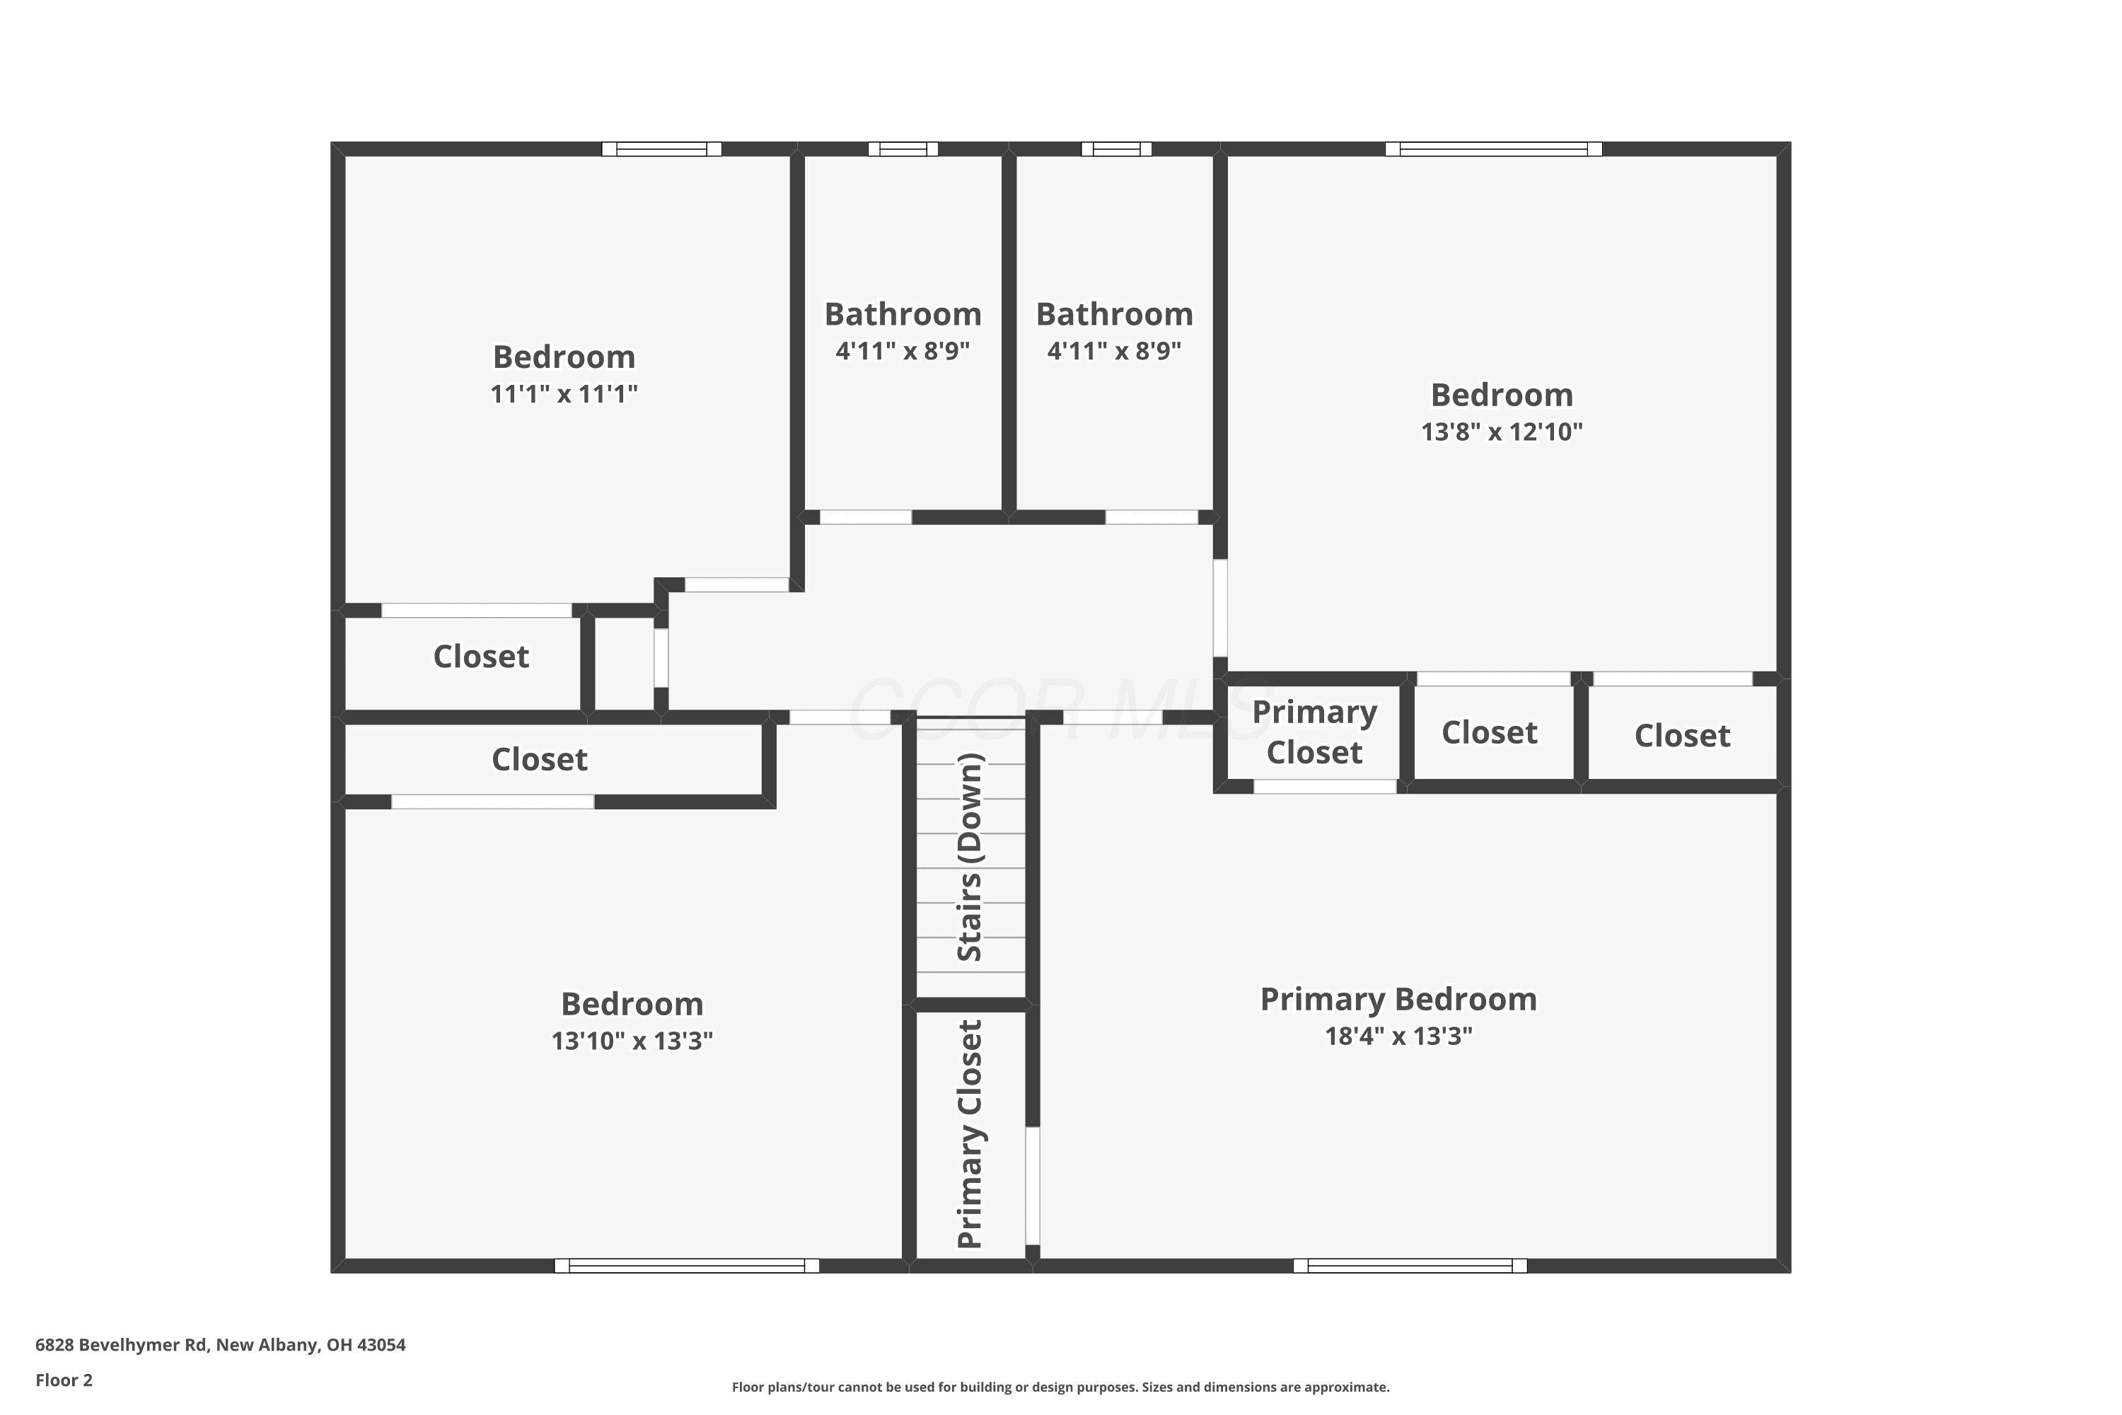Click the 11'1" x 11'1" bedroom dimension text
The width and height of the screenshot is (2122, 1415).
pos(564,394)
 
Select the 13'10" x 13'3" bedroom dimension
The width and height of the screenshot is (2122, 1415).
pos(632,1041)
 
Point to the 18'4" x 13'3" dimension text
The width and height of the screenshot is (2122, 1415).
pos(1398,1036)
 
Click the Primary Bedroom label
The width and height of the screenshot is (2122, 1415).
pos(1398,999)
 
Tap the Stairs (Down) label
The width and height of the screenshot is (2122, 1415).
pos(969,857)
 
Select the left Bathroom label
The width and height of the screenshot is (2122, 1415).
pos(903,314)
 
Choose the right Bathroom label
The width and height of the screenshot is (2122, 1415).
pos(1114,314)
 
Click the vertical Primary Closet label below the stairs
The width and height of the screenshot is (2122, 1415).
pos(969,1134)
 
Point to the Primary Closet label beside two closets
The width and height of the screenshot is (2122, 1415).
pos(1314,732)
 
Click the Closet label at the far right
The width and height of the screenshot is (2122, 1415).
pos(1682,736)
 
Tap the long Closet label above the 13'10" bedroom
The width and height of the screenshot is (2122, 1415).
pos(540,759)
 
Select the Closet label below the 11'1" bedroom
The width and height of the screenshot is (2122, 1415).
pos(481,656)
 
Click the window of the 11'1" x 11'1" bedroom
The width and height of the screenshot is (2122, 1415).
pos(661,149)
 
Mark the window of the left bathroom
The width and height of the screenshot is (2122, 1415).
pos(903,149)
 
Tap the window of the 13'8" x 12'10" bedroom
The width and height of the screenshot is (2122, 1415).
pos(1493,149)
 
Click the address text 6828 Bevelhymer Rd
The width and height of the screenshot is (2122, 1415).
pos(122,1345)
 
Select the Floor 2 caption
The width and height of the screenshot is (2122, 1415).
pos(64,1380)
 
